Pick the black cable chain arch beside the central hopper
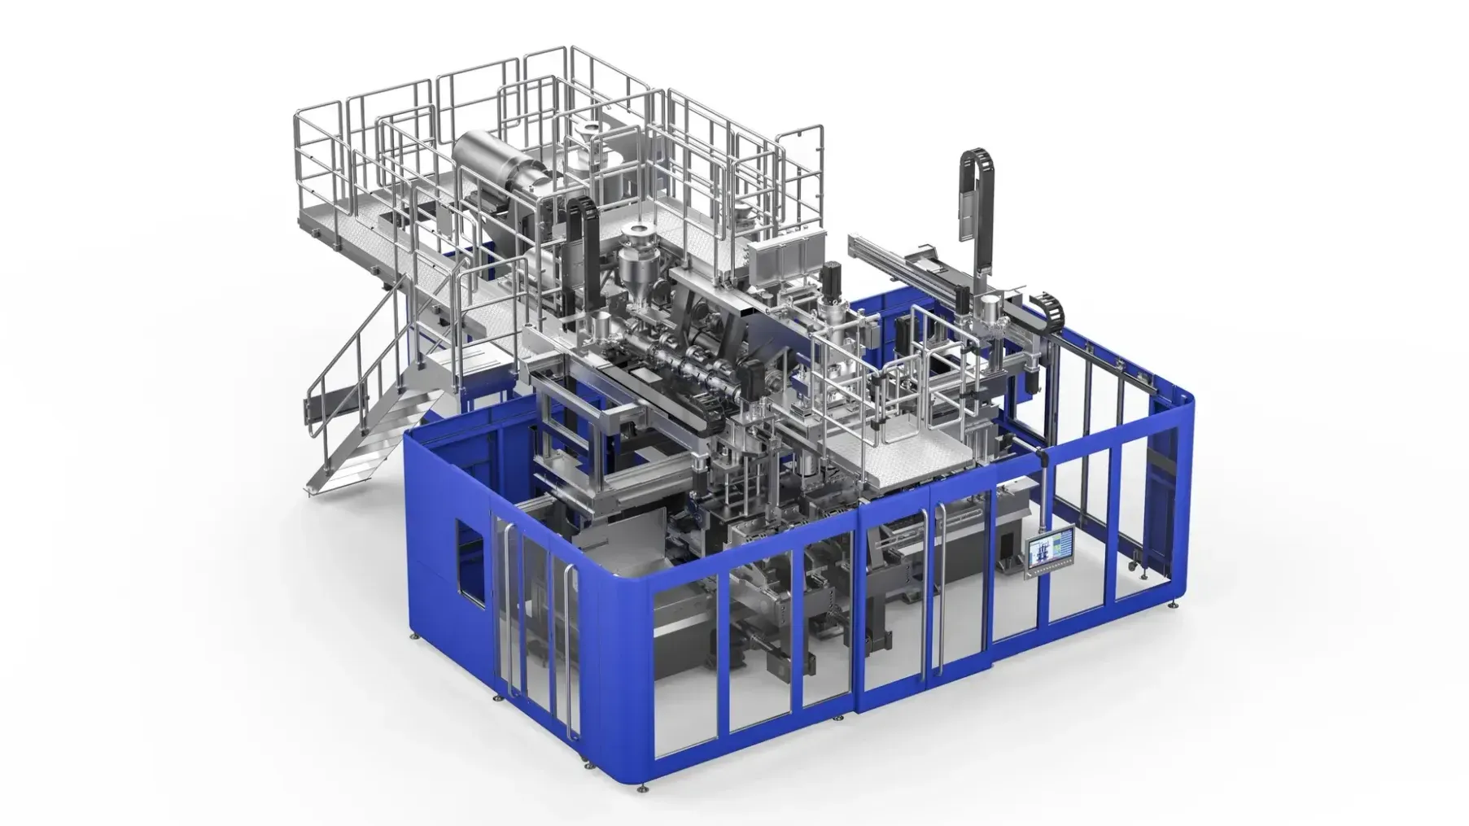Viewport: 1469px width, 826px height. (585, 236)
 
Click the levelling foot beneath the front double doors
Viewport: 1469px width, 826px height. (838, 719)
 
